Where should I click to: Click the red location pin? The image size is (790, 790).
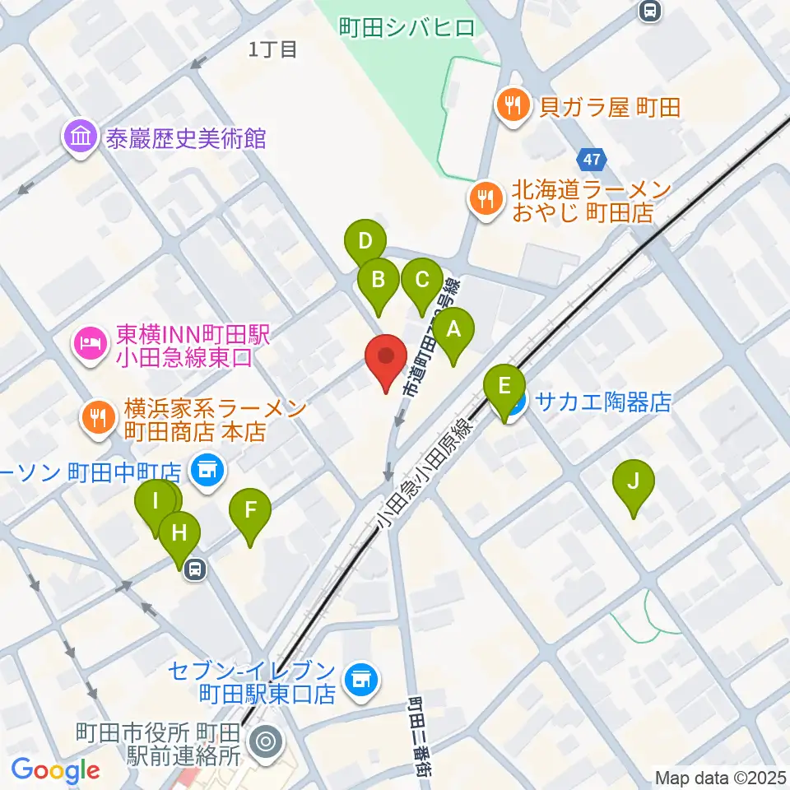pos(387,360)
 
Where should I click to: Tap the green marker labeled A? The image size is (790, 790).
pos(453,332)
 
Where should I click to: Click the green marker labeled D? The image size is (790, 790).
pos(365,244)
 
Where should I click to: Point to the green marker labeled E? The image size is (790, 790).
pos(505,388)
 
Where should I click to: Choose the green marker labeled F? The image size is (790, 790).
pos(251,512)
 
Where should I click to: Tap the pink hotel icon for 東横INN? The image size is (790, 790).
pos(90,342)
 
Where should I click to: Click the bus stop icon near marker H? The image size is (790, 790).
pos(195,569)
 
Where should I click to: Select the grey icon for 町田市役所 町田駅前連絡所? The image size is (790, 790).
pos(266,741)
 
